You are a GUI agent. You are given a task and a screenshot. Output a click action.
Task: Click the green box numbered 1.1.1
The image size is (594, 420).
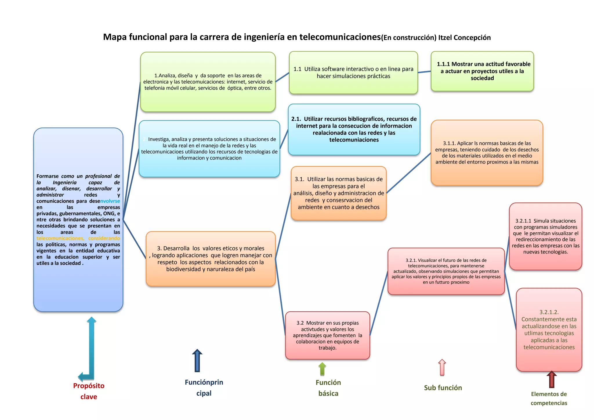coord(482,71)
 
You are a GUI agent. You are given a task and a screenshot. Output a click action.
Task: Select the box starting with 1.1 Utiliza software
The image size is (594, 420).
coord(353,73)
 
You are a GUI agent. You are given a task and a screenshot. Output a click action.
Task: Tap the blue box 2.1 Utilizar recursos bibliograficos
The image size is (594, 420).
coord(354,129)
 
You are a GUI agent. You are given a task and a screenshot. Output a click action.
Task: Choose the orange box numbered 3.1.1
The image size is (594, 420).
coord(487,153)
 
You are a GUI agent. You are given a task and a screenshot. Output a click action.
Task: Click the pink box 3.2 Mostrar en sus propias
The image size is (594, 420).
coord(327,335)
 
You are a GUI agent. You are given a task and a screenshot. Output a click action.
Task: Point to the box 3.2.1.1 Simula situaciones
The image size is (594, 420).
coord(545,236)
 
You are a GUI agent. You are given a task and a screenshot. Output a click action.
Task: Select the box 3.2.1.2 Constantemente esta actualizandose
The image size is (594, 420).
coord(549,330)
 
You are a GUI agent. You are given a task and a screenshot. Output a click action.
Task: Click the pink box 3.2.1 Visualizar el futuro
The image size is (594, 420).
coord(446,271)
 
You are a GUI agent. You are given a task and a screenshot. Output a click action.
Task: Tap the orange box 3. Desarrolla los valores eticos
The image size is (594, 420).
coord(211,259)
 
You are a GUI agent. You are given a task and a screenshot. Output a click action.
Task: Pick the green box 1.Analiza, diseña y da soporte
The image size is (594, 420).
coord(208,82)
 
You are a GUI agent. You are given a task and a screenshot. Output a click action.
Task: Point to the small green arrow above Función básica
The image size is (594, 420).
coord(322,369)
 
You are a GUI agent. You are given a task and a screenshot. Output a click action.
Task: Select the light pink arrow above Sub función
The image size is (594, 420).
coord(442,367)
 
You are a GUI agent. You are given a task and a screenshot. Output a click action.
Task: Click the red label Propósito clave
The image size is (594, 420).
coord(89,391)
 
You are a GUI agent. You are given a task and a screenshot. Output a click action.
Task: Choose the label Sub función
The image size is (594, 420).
coord(443,388)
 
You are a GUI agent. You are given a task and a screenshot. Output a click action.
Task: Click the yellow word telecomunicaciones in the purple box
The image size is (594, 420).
coord(60,238)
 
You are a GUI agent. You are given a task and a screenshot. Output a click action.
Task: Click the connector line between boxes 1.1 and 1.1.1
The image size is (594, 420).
coord(424,72)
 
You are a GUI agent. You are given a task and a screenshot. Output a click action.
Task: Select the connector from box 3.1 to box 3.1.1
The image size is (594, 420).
coord(409,173)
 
